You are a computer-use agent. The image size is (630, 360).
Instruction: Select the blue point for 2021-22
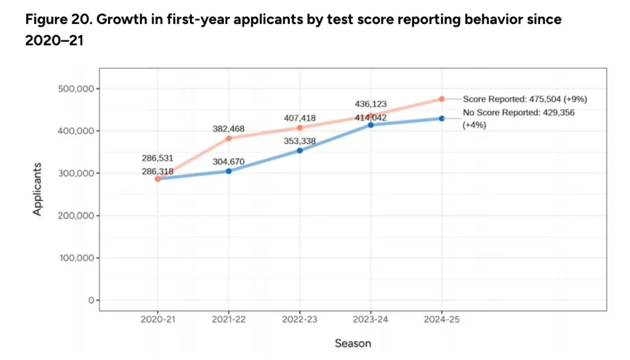tap(229, 171)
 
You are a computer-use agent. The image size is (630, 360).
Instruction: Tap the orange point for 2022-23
tap(300, 128)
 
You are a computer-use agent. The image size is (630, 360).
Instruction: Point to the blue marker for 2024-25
tap(442, 118)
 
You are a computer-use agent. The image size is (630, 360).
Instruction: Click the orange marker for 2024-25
tap(442, 99)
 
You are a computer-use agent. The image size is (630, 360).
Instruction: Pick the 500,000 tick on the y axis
tap(77, 89)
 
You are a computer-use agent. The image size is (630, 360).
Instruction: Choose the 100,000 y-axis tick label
tap(77, 258)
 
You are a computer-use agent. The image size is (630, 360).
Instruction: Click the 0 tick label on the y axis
tap(90, 300)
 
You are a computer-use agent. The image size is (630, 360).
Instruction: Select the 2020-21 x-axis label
tap(157, 320)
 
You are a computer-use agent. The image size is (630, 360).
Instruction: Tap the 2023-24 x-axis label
tap(370, 320)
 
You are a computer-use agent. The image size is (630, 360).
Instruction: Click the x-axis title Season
tap(352, 343)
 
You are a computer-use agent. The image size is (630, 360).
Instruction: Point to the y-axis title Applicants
tap(37, 188)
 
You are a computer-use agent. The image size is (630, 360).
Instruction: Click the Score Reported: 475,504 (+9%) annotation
tap(524, 99)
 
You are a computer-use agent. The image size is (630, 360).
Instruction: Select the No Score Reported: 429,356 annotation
tap(519, 113)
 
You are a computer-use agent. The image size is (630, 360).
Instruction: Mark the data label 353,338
tap(299, 141)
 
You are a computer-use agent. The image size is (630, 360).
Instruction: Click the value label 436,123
tap(370, 104)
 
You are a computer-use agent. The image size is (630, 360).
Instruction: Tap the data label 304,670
tap(229, 162)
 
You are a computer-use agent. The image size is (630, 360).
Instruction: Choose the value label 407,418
tap(300, 118)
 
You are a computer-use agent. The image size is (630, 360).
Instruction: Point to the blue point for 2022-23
tap(300, 151)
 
